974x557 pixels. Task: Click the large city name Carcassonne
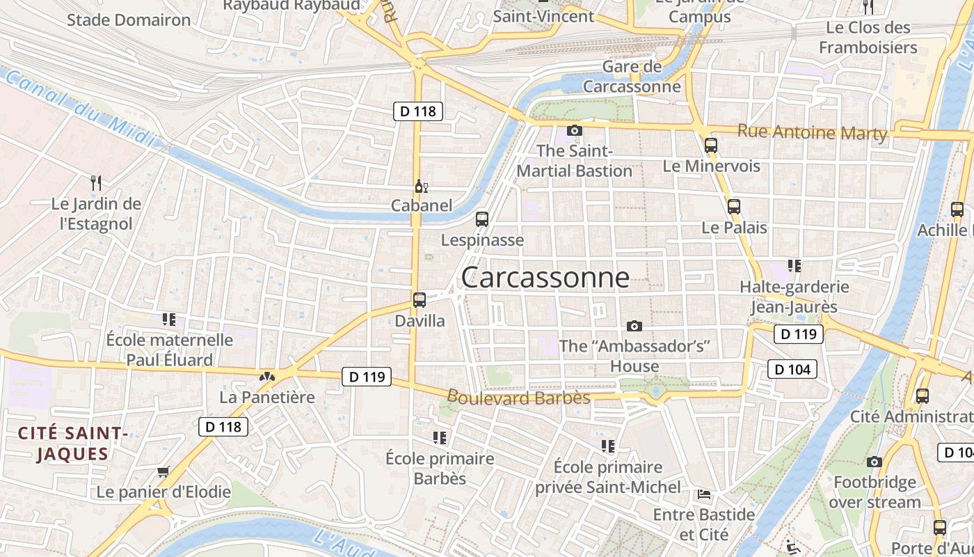pos(545,277)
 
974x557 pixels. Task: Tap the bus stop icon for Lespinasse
pos(481,219)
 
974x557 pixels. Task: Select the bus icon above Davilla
pos(419,300)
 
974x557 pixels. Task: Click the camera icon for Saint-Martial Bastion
pos(574,130)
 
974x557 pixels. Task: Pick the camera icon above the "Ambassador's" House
pos(634,326)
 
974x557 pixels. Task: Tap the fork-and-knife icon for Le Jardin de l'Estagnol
pos(96,183)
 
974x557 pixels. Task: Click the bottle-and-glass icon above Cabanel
pos(421,186)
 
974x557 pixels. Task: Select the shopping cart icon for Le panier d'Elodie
pos(163,472)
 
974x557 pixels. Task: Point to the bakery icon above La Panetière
pos(267,377)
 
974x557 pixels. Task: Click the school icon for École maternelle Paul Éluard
pos(169,320)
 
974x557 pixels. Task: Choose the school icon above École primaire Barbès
pos(439,438)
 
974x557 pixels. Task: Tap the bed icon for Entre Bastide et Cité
pos(704,494)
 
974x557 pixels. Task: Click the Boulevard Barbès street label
pos(518,398)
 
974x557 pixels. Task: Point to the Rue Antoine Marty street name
pos(812,132)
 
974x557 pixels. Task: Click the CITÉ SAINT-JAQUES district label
pos(72,444)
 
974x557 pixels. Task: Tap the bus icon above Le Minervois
pos(710,146)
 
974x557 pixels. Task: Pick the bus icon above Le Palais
pos(733,207)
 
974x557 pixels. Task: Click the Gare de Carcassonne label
pos(632,77)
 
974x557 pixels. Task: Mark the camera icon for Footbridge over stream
pos(875,462)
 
